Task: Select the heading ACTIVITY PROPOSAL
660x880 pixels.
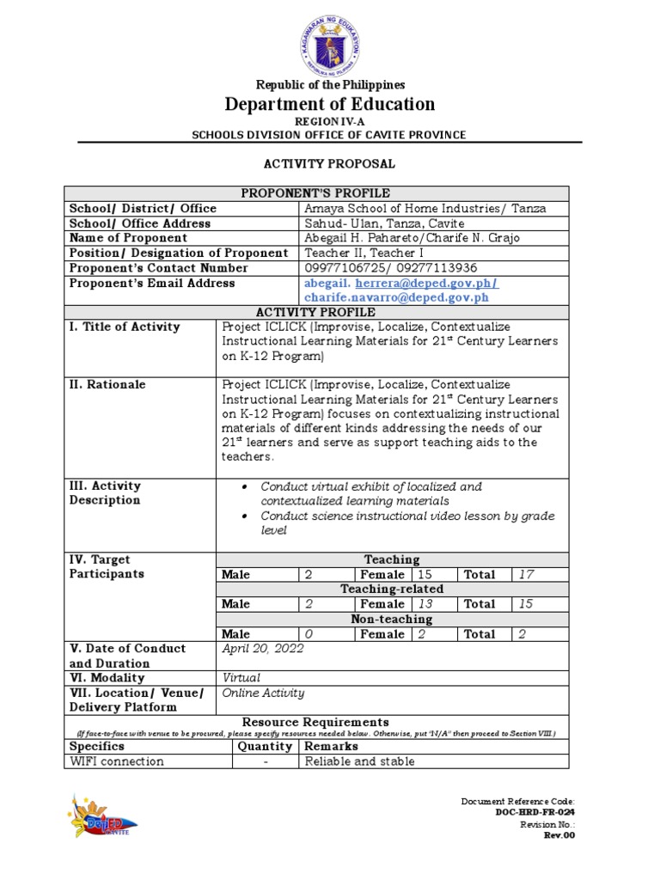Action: tap(329, 163)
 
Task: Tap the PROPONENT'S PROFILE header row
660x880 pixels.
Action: tap(330, 193)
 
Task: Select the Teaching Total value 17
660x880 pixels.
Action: tap(524, 574)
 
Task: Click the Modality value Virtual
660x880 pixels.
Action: tap(241, 678)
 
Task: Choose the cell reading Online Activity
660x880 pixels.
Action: tap(263, 693)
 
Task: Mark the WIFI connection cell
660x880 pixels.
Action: tap(116, 761)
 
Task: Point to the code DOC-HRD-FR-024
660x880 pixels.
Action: tap(535, 812)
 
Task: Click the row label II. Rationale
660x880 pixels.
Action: tap(107, 385)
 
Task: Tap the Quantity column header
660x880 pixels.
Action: tap(266, 747)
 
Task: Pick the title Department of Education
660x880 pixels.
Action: tap(330, 105)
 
